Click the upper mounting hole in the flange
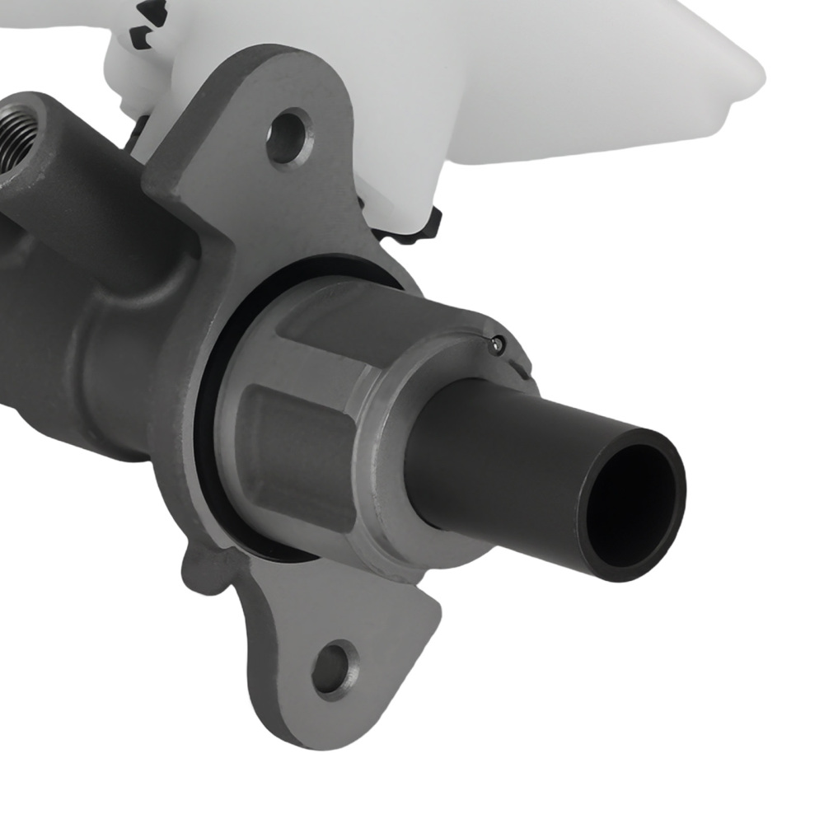click(x=288, y=137)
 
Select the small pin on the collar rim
click(x=496, y=344)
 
